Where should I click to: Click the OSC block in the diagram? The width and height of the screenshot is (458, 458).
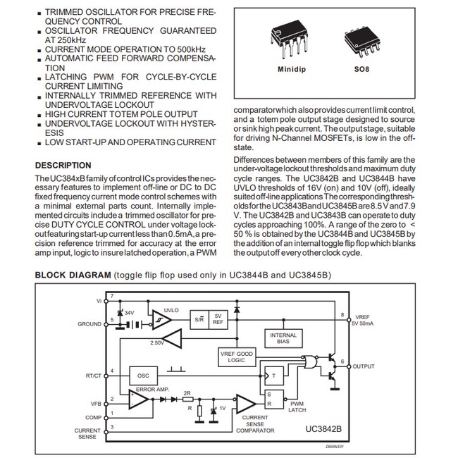pyautogui.click(x=143, y=376)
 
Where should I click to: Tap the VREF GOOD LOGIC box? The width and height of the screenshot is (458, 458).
pyautogui.click(x=237, y=357)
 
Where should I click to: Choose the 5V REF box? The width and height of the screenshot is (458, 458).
pyautogui.click(x=219, y=319)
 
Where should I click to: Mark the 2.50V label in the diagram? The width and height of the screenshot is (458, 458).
pyautogui.click(x=157, y=342)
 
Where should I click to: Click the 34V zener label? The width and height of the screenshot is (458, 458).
pyautogui.click(x=129, y=311)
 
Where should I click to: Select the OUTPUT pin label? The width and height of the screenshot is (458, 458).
pyautogui.click(x=364, y=366)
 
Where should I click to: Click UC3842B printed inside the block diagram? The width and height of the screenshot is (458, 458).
pyautogui.click(x=323, y=428)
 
